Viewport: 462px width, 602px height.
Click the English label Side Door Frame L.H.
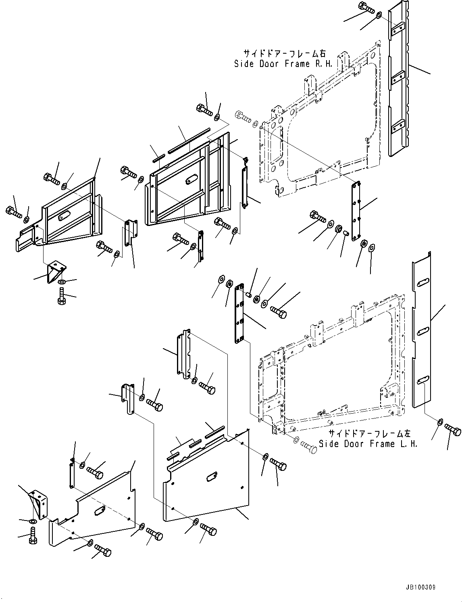point(368,443)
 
